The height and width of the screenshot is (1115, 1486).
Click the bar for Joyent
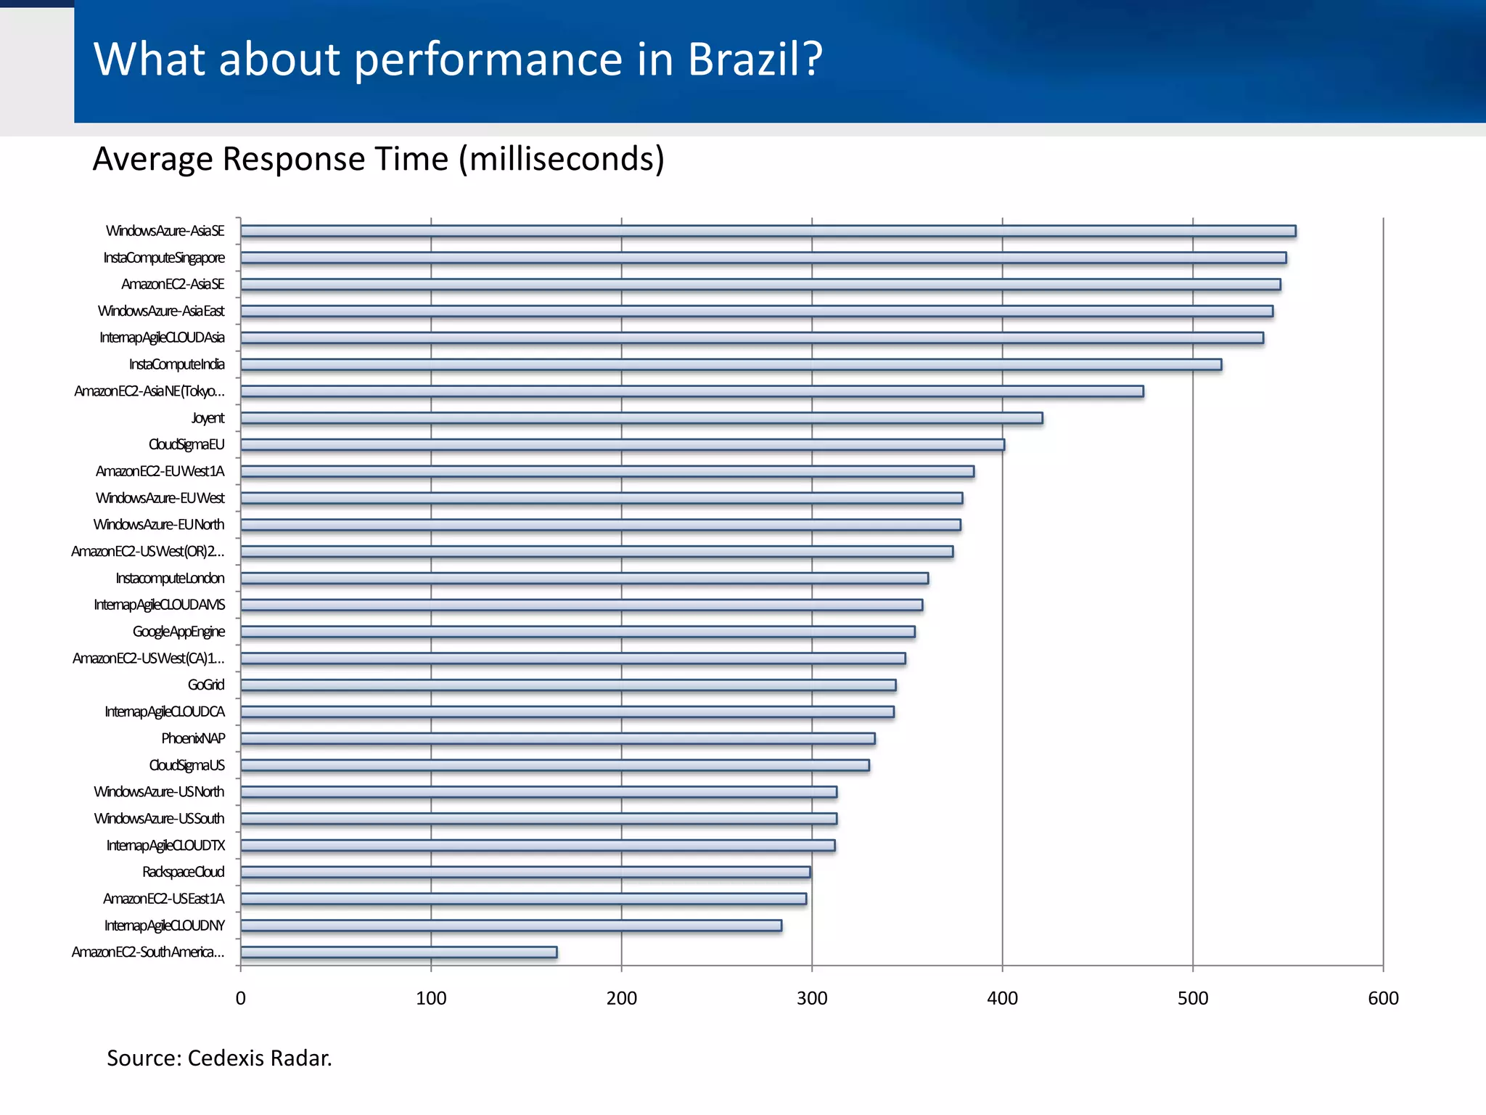point(641,418)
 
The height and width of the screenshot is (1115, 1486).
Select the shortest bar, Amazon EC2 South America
point(399,952)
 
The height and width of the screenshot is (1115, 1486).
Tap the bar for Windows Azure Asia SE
point(768,232)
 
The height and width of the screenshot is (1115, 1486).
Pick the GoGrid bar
point(568,685)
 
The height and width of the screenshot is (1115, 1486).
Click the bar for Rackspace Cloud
point(525,872)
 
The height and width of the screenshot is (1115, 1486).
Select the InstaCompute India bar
point(731,364)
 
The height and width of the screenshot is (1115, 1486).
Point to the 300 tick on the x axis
point(812,998)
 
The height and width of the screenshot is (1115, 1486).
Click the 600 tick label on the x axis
point(1383,998)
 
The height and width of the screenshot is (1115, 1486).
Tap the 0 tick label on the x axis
point(241,998)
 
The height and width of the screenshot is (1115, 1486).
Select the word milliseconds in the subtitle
point(561,159)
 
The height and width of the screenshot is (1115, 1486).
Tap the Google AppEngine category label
point(178,632)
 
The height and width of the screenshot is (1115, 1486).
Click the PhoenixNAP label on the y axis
point(193,738)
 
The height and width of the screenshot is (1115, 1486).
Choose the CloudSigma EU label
point(186,444)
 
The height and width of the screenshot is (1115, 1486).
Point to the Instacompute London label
point(170,579)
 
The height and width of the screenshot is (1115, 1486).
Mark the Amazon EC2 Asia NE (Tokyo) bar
point(691,391)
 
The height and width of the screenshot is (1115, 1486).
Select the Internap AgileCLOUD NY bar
point(511,926)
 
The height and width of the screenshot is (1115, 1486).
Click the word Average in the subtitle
point(153,159)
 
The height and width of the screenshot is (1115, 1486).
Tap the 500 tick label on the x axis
point(1193,998)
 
